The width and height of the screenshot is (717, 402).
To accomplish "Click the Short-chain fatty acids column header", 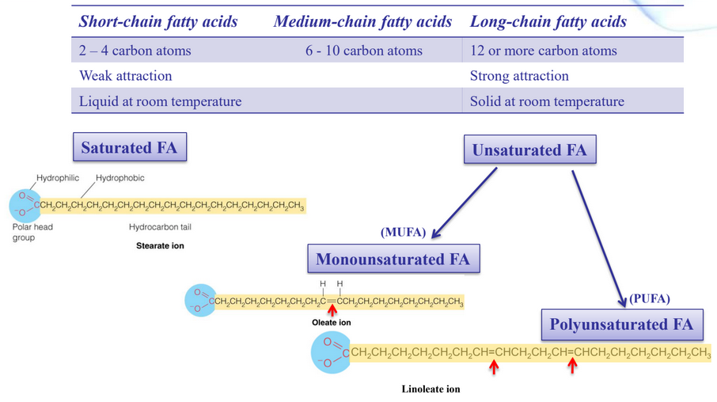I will coord(158,21).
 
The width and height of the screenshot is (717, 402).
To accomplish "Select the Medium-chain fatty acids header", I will coord(362,21).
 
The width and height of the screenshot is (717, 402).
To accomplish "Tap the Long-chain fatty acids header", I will coord(548,21).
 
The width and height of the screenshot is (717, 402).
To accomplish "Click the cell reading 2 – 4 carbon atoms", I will coord(135,51).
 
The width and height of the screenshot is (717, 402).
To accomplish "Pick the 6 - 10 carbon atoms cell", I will coord(364,51).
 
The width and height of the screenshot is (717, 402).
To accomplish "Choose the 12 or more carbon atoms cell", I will coord(543,51).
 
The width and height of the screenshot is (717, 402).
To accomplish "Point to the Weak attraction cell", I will coord(125,76).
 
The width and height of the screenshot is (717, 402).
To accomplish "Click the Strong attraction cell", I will coord(519,76).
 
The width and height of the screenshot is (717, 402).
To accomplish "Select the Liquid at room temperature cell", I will coord(160,101).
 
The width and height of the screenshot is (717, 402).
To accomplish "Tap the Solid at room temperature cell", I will coord(547,101).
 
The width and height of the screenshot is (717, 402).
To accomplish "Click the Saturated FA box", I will coord(130,147).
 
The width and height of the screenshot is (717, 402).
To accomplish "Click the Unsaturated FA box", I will coord(529,150).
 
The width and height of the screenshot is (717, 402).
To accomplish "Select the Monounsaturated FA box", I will coord(393,260).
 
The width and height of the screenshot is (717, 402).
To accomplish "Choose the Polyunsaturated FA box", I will coord(621,324).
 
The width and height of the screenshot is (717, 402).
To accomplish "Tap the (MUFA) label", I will coord(404,233).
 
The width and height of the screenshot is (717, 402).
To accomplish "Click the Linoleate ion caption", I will coord(431,389).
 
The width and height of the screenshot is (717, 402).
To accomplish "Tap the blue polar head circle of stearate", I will coord(24,206).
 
